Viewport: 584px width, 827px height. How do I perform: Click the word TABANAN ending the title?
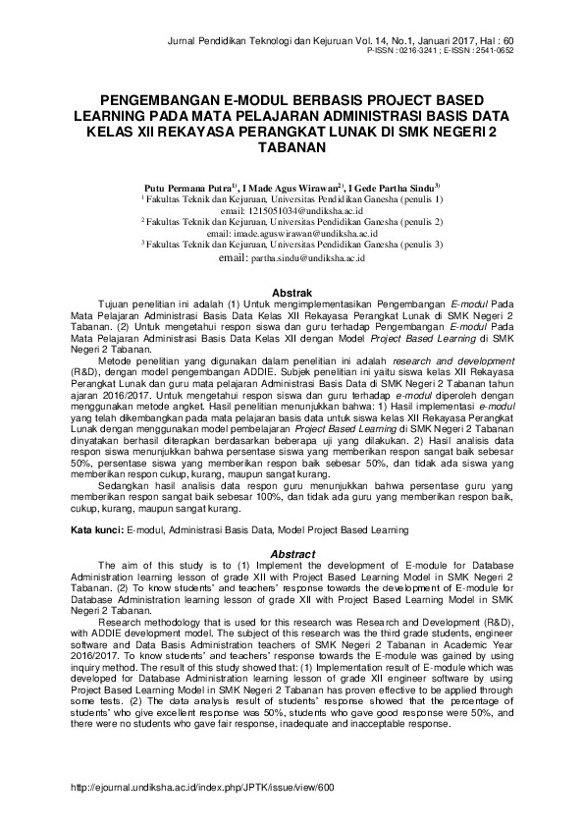coord(291,149)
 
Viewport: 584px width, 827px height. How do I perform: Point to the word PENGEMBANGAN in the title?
coord(163,101)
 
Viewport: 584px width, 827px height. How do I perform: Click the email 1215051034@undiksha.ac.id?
coord(305,210)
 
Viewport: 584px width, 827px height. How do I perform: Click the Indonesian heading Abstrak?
coord(291,293)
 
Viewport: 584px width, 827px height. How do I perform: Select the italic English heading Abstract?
coord(291,554)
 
